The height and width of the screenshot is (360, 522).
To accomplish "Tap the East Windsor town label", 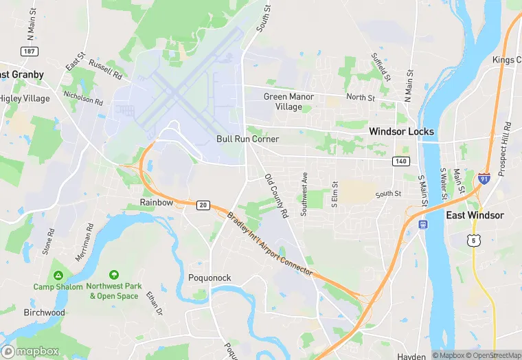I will click(475, 215).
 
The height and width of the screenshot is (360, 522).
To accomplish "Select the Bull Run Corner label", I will click(247, 139).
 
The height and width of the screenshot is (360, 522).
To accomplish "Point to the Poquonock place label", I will click(209, 278).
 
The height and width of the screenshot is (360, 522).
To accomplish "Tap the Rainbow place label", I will click(157, 203).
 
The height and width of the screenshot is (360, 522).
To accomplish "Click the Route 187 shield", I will click(29, 52).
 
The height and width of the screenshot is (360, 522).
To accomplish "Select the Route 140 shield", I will click(402, 161).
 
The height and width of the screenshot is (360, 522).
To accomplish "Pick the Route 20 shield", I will click(202, 205).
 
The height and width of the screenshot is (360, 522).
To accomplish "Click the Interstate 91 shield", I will click(485, 177).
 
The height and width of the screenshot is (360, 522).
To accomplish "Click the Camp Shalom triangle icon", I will click(58, 275).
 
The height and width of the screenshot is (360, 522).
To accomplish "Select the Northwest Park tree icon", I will click(113, 275).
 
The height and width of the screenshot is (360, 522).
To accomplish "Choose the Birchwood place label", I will click(44, 313).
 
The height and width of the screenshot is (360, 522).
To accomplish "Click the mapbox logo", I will click(32, 351).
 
